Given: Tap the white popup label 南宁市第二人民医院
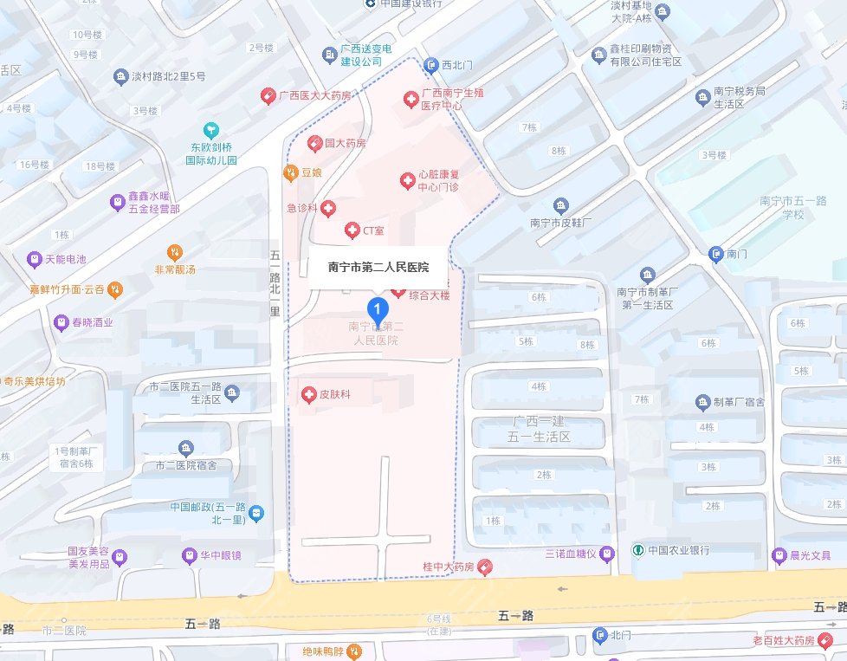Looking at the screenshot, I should pos(378,267).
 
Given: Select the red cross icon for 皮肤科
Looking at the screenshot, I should pos(307,395).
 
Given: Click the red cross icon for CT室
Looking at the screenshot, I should pos(352,230).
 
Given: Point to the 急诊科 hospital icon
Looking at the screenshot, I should pos(328,209).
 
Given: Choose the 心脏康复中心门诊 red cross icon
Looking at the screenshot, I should pos(406,180).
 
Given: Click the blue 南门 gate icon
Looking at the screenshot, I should pos(715,254).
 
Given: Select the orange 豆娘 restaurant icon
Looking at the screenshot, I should pos(291,173).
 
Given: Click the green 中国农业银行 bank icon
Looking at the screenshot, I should pos(637,550).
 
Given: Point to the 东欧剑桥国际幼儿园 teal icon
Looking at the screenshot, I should pos(208,129).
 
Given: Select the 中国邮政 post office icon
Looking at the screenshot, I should pos(256,514).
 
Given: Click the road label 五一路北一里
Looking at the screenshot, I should pos(275,282).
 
